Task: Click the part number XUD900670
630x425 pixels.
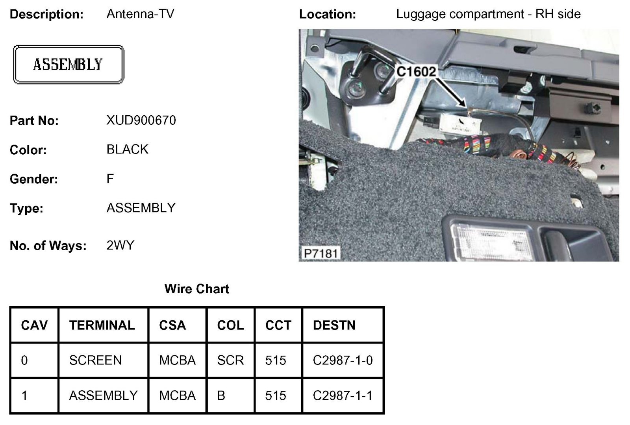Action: point(141,120)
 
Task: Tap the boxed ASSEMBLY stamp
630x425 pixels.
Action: point(69,65)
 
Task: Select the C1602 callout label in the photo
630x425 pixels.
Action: point(416,72)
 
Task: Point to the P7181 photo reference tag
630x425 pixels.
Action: point(321,253)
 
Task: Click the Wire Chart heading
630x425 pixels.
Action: point(196,289)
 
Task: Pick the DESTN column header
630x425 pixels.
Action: point(334,325)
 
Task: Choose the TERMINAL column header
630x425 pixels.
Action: point(102,325)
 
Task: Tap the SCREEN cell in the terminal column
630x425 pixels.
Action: point(95,360)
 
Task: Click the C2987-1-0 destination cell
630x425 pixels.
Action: point(343,360)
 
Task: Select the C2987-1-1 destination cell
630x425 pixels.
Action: point(343,395)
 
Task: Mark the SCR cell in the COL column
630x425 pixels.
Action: point(230,360)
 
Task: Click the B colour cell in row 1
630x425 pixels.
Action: point(221,395)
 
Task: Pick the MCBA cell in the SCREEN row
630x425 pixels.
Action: point(177,360)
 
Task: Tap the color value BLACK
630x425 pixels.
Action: point(127,150)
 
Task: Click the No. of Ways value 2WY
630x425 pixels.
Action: point(120,246)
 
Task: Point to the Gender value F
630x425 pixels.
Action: point(110,179)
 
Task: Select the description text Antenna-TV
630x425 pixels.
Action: point(140,14)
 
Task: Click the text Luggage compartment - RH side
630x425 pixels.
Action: point(488,14)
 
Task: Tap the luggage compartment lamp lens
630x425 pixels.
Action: point(492,240)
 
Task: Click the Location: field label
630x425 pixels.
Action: point(327,14)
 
